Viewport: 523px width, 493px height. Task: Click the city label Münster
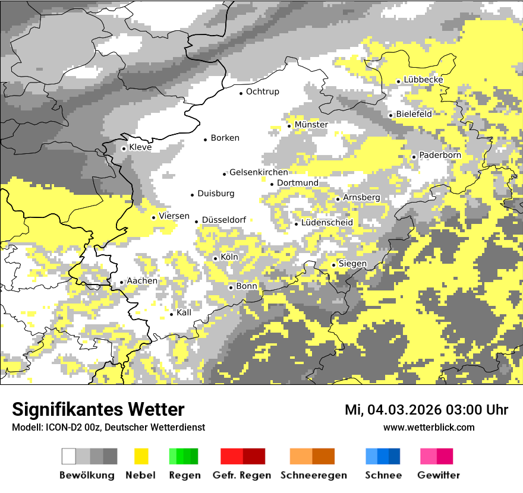311,125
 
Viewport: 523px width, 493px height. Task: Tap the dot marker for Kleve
124,148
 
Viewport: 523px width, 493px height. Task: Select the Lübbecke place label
423,80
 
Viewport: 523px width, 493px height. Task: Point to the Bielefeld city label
414,114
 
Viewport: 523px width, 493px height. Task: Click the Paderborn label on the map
440,156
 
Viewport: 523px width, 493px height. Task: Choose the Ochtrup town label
262,92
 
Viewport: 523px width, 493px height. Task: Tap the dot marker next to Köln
215,258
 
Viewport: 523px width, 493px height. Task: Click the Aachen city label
142,281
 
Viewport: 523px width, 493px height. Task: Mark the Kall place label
184,312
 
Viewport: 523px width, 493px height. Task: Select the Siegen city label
352,264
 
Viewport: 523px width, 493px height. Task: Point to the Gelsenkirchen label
259,172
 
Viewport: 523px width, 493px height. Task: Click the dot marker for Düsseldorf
196,222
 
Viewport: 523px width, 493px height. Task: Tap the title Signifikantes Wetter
98,410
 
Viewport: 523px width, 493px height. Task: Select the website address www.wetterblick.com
429,428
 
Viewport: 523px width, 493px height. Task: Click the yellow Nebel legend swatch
141,456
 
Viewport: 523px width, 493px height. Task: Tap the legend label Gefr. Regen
241,475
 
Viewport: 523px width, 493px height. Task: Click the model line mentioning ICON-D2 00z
108,428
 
